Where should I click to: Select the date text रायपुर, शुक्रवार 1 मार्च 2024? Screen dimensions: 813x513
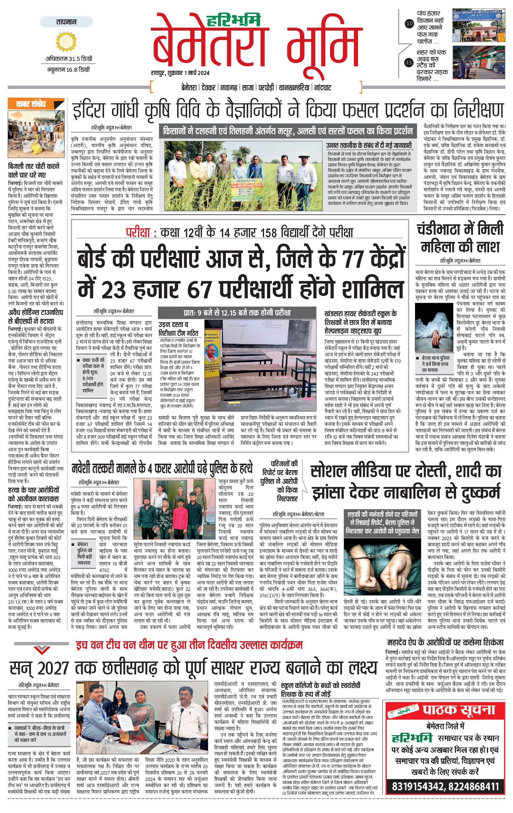click(x=180, y=73)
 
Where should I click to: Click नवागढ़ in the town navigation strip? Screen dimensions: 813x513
click(x=228, y=88)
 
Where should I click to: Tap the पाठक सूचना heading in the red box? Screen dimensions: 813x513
click(x=459, y=709)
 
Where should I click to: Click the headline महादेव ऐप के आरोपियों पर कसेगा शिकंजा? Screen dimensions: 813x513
click(x=445, y=642)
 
